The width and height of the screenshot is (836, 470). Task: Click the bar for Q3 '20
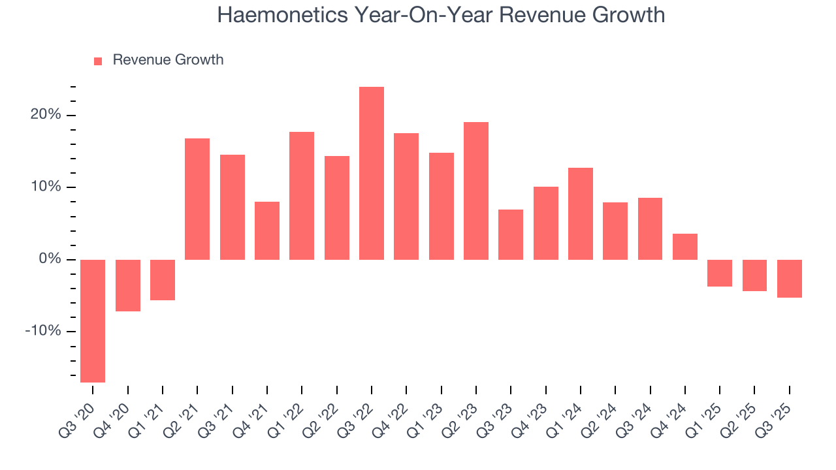pyautogui.click(x=93, y=321)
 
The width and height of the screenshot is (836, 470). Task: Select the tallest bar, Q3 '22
pyautogui.click(x=372, y=173)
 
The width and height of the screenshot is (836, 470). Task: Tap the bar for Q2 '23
pyautogui.click(x=476, y=191)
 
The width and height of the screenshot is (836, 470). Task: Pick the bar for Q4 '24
pyautogui.click(x=685, y=247)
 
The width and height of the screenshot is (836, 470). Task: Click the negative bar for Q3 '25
pyautogui.click(x=790, y=279)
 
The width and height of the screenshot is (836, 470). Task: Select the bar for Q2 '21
pyautogui.click(x=197, y=199)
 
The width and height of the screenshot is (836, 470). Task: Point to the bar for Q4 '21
pyautogui.click(x=267, y=230)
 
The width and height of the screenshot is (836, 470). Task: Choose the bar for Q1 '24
pyautogui.click(x=581, y=213)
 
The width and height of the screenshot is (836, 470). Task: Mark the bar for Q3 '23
pyautogui.click(x=511, y=234)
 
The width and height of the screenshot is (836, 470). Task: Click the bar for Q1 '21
pyautogui.click(x=163, y=280)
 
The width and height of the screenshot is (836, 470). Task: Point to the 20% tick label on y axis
pyautogui.click(x=45, y=115)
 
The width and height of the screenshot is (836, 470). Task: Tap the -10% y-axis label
pyautogui.click(x=42, y=331)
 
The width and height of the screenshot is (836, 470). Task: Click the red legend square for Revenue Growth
pyautogui.click(x=98, y=61)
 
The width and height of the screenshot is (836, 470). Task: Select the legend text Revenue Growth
pyautogui.click(x=168, y=60)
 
